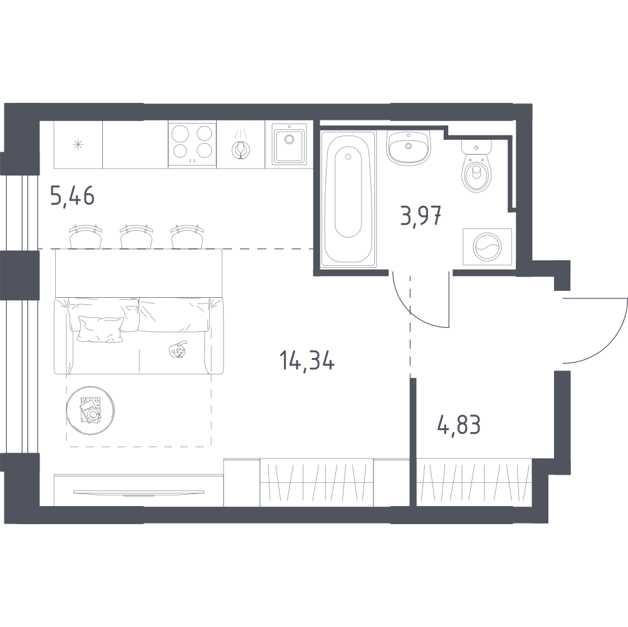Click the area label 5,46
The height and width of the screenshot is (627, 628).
click(73, 196)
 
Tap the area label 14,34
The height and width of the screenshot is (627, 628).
click(307, 360)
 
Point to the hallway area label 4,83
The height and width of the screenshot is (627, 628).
click(459, 424)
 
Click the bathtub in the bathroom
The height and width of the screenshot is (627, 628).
click(348, 198)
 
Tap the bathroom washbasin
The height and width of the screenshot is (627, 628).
click(409, 147)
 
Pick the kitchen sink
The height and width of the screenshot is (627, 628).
click(289, 144)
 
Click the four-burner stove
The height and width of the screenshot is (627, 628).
click(192, 144)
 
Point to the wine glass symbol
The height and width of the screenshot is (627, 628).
click(240, 149)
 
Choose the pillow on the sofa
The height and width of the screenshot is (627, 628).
click(101, 329)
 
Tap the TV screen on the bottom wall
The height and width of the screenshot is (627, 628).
click(139, 492)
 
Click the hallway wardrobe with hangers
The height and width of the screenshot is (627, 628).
click(474, 483)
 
